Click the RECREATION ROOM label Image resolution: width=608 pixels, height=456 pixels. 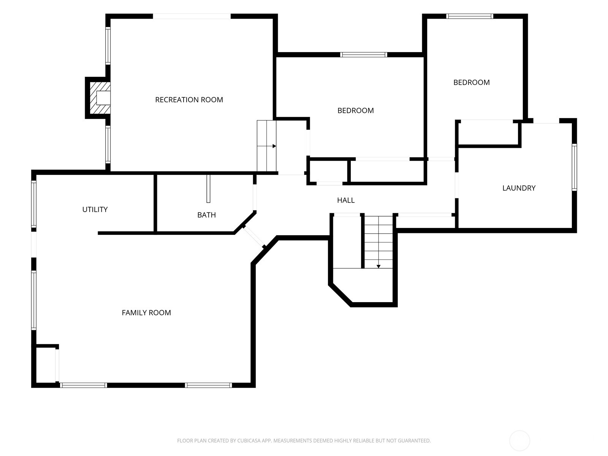[x=189, y=100]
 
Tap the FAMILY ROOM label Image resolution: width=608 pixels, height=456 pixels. [x=146, y=313]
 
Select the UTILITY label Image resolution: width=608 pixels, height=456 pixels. [x=95, y=209]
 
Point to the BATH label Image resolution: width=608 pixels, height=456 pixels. [x=206, y=215]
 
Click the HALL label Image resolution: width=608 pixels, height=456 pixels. [x=346, y=200]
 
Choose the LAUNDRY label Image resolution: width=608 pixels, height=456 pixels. [x=519, y=188]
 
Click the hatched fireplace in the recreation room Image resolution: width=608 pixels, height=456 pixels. [x=100, y=98]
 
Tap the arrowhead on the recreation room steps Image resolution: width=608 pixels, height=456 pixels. [x=274, y=146]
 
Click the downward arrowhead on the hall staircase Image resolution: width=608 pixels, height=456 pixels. [x=378, y=266]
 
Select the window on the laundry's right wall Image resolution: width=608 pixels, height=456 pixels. [x=575, y=167]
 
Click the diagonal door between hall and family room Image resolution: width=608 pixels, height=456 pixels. [x=254, y=236]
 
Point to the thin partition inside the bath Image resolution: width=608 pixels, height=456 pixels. [x=208, y=189]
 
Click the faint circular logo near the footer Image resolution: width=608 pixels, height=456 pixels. [x=519, y=440]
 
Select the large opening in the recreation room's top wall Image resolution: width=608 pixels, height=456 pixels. [x=192, y=16]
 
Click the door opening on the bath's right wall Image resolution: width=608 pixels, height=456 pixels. [x=255, y=197]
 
